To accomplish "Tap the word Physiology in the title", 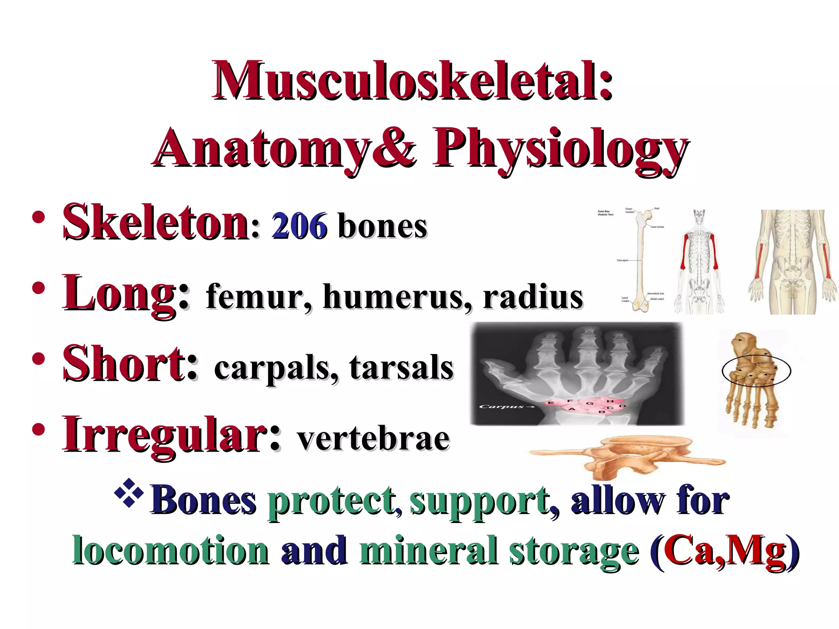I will pyautogui.click(x=559, y=149).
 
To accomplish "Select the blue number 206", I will pyautogui.click(x=299, y=226).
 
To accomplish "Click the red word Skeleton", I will pyautogui.click(x=156, y=223).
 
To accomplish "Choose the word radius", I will pyautogui.click(x=533, y=297).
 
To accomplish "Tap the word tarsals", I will pyautogui.click(x=401, y=368).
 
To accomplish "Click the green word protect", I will pyautogui.click(x=332, y=502).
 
